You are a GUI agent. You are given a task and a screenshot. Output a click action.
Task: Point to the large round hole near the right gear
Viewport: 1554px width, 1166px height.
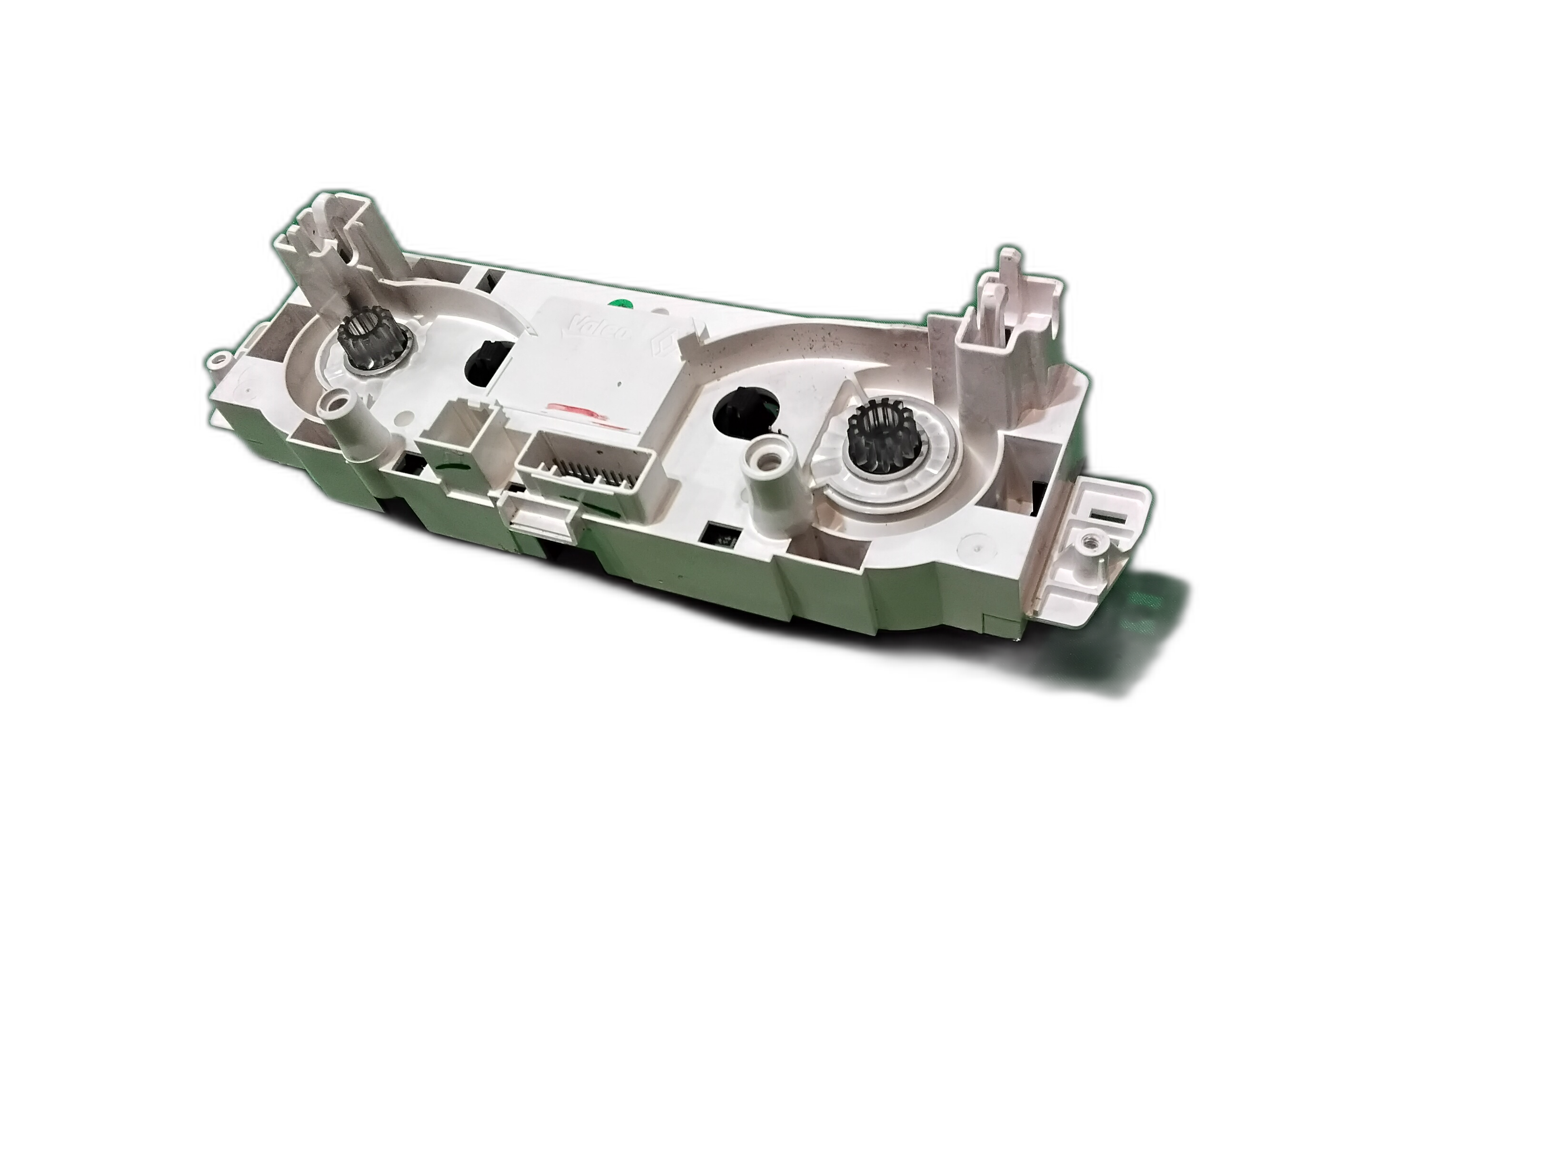[745, 415]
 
